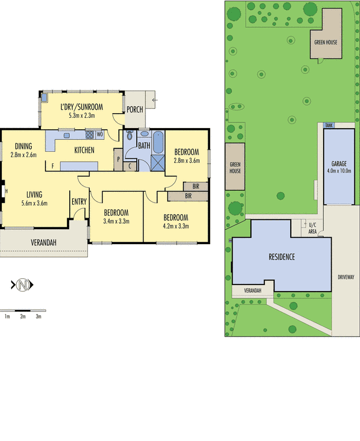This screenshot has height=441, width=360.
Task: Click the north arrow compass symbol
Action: click(22, 285)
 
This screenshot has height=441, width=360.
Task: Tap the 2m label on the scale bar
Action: click(22, 316)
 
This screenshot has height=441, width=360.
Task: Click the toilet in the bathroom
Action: click(129, 135)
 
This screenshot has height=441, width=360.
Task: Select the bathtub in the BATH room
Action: click(158, 143)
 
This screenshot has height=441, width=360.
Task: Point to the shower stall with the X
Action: click(157, 163)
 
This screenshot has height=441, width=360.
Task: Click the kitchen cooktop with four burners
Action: click(89, 134)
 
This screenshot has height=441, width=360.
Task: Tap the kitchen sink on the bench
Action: click(66, 136)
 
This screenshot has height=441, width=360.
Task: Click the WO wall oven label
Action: click(100, 134)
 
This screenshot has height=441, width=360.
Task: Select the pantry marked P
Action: click(118, 159)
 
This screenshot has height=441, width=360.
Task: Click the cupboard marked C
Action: click(130, 166)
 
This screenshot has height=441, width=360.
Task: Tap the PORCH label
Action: click(134, 110)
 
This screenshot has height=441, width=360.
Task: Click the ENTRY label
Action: click(79, 201)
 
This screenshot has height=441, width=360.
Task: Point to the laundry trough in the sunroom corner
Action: click(44, 98)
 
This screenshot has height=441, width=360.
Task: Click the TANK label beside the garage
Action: click(329, 125)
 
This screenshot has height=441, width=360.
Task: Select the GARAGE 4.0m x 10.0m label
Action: click(339, 167)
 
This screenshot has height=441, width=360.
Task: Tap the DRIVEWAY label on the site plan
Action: click(346, 277)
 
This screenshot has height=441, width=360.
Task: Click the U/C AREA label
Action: click(313, 228)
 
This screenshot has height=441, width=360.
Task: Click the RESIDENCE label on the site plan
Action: click(282, 257)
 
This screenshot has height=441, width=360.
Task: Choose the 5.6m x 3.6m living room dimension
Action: click(34, 203)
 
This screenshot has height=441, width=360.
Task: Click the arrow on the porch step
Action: click(155, 100)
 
